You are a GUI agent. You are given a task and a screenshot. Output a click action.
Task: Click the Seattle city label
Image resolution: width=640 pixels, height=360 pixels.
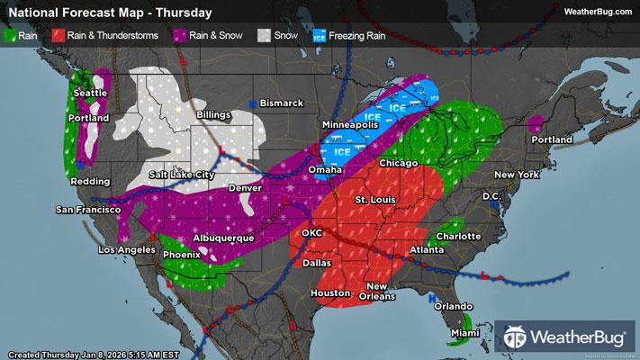(x=91, y=93)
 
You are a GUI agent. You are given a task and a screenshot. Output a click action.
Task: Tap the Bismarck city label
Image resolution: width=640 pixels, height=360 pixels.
(x=281, y=103)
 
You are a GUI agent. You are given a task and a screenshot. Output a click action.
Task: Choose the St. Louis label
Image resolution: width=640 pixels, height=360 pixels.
(x=374, y=198)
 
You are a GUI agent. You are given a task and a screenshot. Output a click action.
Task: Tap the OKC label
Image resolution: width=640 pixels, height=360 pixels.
(x=311, y=232)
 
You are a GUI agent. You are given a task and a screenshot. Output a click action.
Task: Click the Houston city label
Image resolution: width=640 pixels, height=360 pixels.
(x=329, y=293)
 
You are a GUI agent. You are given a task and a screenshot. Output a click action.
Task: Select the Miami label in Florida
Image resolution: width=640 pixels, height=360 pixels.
(x=465, y=333)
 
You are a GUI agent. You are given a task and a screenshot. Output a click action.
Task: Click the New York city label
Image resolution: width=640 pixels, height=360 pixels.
(x=515, y=174)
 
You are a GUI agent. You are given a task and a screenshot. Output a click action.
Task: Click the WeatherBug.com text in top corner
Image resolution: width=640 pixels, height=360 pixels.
(x=596, y=11)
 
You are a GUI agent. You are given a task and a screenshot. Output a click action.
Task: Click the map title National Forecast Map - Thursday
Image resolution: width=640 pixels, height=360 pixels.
(x=110, y=13)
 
